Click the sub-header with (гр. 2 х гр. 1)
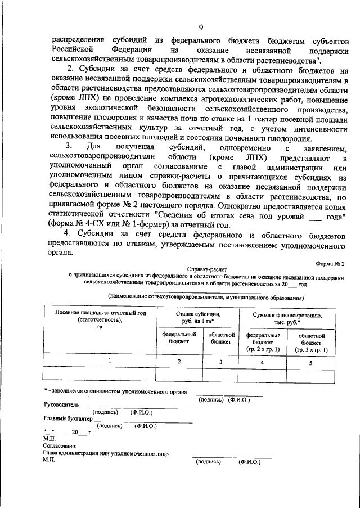(x=263, y=349)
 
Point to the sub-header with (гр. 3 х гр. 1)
(x=310, y=349)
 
